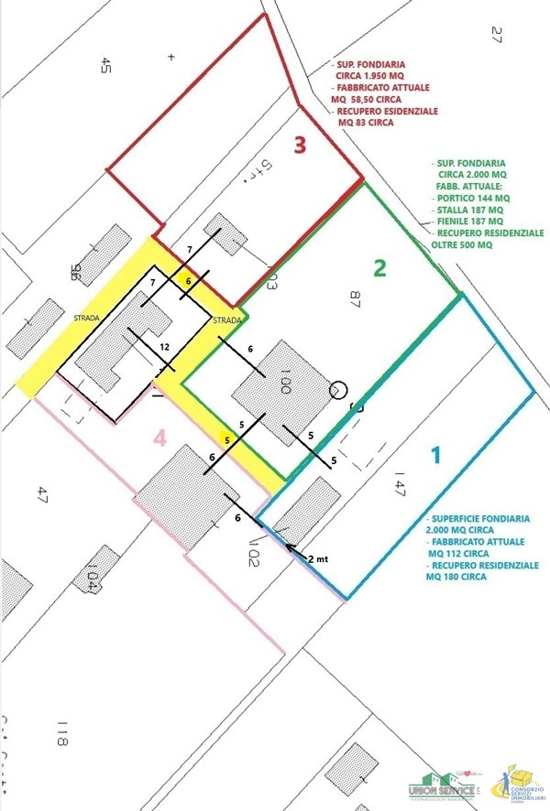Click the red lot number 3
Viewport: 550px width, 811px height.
(304, 145)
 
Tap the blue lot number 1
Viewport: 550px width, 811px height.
(435, 453)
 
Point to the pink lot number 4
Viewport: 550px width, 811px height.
(159, 438)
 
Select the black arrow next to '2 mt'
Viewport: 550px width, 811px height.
(295, 548)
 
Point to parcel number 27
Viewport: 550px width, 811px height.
(497, 36)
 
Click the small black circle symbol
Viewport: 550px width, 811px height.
(339, 391)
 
